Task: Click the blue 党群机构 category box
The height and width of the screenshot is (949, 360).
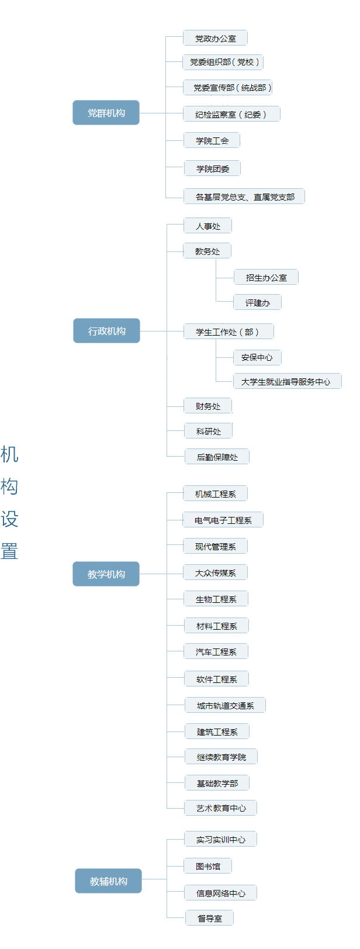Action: pyautogui.click(x=106, y=113)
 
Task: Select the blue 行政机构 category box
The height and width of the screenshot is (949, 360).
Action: pyautogui.click(x=106, y=331)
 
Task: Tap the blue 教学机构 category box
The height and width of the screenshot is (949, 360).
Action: pyautogui.click(x=106, y=574)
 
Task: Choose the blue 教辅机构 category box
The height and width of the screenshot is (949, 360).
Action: pyautogui.click(x=108, y=881)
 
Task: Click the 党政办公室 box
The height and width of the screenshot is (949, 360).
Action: pyautogui.click(x=215, y=39)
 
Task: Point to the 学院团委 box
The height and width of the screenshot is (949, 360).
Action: pyautogui.click(x=212, y=169)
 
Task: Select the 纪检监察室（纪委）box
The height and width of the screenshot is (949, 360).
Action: pyautogui.click(x=231, y=115)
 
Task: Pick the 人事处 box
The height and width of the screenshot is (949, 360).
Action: pyautogui.click(x=207, y=226)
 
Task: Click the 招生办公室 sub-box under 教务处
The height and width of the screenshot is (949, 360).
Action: pyautogui.click(x=266, y=278)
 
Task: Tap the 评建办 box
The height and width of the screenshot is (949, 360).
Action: pyautogui.click(x=257, y=303)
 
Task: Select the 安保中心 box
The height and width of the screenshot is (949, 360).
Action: pyautogui.click(x=257, y=357)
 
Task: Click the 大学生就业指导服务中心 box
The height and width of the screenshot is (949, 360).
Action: pyautogui.click(x=286, y=382)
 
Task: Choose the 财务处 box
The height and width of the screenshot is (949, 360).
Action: pyautogui.click(x=207, y=406)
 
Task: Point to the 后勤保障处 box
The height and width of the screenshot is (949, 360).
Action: pyautogui.click(x=217, y=457)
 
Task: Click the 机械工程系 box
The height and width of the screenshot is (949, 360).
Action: pyautogui.click(x=215, y=494)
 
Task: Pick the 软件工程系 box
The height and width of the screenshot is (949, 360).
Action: pyautogui.click(x=216, y=679)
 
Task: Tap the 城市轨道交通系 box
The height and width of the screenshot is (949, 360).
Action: pyautogui.click(x=225, y=706)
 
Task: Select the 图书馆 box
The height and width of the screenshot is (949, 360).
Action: pyautogui.click(x=208, y=867)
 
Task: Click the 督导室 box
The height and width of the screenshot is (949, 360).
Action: pyautogui.click(x=209, y=919)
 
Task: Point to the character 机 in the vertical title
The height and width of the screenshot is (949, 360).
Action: pyautogui.click(x=9, y=454)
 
